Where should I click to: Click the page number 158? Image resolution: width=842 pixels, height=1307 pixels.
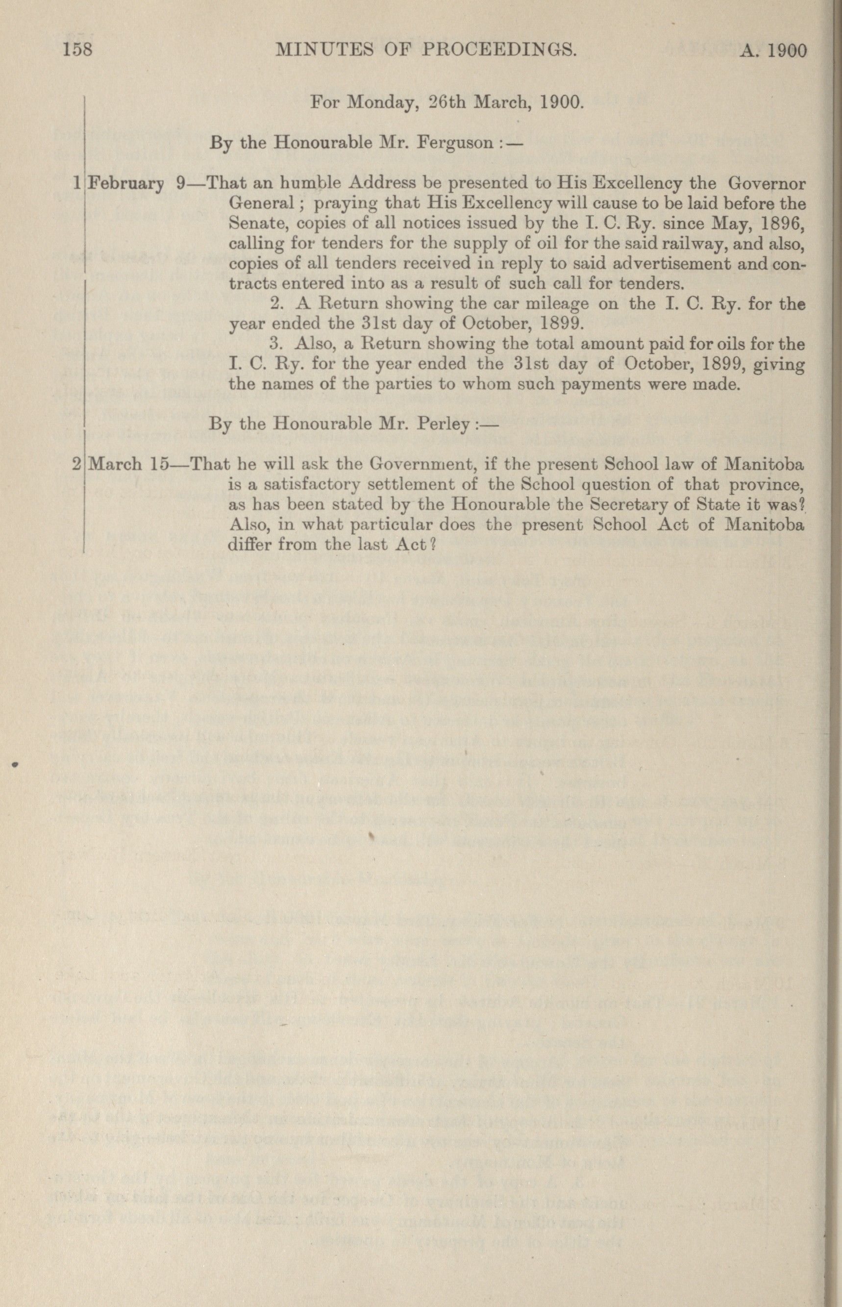[77, 50]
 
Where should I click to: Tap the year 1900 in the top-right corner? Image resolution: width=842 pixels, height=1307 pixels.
[787, 51]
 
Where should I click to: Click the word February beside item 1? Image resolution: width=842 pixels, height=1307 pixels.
[126, 183]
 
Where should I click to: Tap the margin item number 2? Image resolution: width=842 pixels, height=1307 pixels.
[76, 464]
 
